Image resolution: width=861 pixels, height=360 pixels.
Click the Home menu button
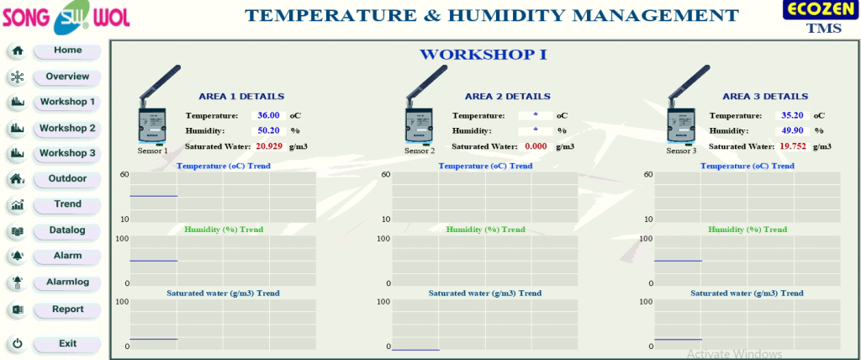click(67, 50)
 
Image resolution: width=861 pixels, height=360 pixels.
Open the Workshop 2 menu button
click(67, 129)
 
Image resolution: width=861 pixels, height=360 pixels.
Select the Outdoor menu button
click(67, 178)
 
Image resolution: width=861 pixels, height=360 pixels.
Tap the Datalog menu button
click(67, 230)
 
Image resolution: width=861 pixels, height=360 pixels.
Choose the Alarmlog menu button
click(67, 282)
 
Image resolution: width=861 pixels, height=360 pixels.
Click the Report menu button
click(67, 310)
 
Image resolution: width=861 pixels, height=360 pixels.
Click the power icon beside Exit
click(18, 344)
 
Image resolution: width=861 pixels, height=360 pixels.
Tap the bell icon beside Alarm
click(18, 257)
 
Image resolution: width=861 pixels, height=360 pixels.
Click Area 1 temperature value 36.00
click(268, 115)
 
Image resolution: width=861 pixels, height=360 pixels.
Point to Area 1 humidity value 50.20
click(268, 131)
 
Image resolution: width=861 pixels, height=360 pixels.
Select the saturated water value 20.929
click(269, 146)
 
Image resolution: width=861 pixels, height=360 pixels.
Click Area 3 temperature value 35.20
click(792, 115)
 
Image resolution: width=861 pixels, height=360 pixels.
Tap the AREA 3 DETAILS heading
click(765, 96)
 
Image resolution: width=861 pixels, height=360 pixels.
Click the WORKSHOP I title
click(483, 55)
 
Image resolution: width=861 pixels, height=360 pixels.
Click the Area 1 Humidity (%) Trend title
click(224, 230)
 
